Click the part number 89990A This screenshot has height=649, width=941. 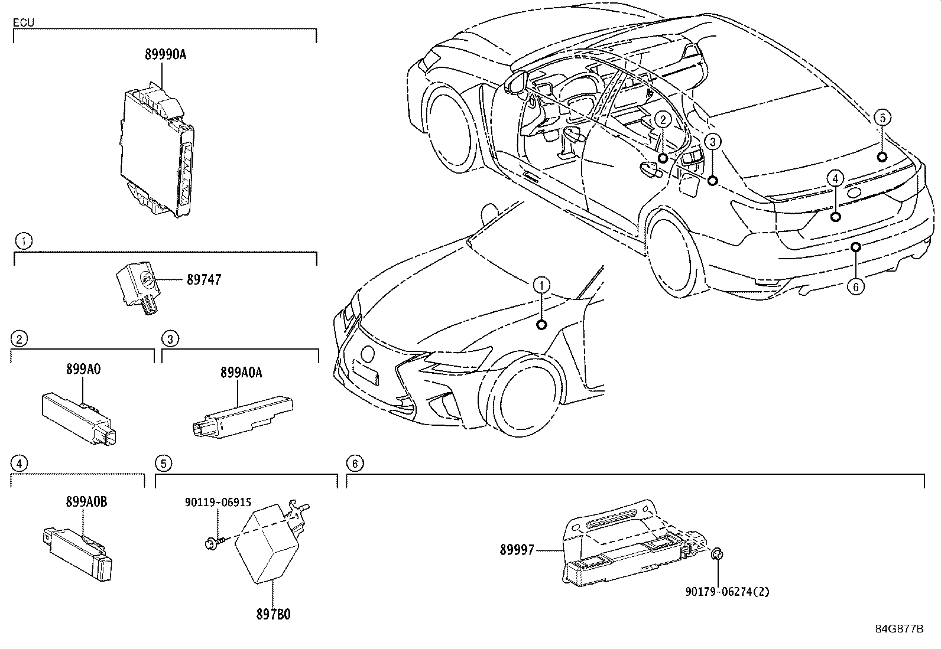[x=165, y=54]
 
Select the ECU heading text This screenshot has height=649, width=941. [x=24, y=23]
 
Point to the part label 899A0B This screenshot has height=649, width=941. [x=86, y=502]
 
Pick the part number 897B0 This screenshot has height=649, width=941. [x=273, y=614]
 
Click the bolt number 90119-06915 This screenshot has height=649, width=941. [x=218, y=503]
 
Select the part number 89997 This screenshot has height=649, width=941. [x=517, y=550]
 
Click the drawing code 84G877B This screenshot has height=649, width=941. [x=899, y=629]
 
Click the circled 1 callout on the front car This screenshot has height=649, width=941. [x=541, y=286]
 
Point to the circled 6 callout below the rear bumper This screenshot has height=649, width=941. [x=855, y=287]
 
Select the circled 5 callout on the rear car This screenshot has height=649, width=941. [x=881, y=118]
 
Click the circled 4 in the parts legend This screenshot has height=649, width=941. [x=20, y=464]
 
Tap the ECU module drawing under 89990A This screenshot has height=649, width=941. [x=157, y=148]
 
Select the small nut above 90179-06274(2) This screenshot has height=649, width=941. [x=716, y=553]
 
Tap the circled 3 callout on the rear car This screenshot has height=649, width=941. [x=713, y=142]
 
